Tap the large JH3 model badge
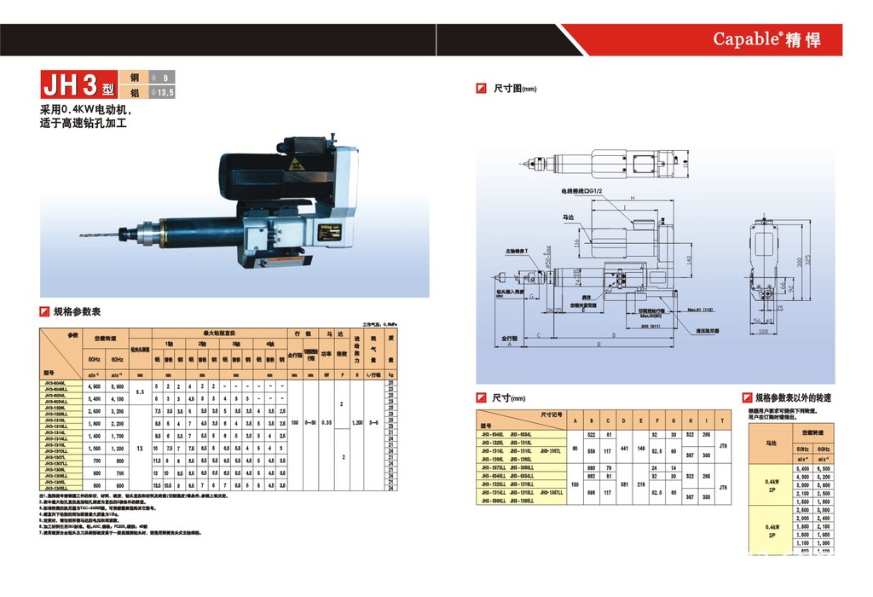[75, 86]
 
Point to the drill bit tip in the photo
[80, 236]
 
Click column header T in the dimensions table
[723, 421]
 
